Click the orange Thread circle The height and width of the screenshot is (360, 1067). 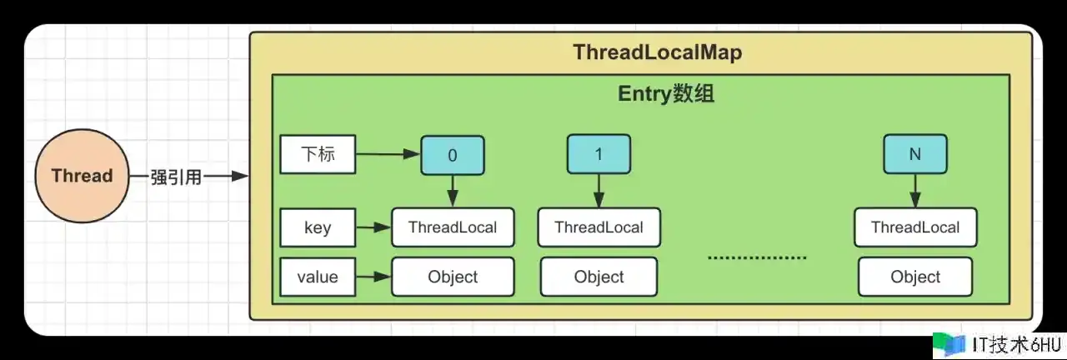point(82,176)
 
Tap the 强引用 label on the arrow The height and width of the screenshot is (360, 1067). point(177,177)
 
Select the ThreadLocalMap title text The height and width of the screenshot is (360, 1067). point(657,52)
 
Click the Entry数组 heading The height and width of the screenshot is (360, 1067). point(665,94)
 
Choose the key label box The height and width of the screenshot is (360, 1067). point(318,228)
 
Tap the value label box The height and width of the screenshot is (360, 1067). point(318,277)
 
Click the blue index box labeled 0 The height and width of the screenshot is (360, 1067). point(452,155)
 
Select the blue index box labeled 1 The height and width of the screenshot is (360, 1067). point(599,155)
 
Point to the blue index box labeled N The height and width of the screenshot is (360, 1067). point(914,155)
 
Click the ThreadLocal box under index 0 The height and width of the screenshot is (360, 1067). point(453,227)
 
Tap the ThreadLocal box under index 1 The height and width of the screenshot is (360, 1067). point(599,227)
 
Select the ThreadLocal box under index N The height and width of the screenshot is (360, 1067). point(915,227)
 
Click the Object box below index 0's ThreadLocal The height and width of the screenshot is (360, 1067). point(453,277)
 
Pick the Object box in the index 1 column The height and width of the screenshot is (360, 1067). point(599,277)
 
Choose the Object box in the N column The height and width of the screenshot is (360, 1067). point(915,277)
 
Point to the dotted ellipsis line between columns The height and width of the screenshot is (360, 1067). point(757,257)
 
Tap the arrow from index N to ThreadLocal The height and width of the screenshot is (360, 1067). point(914,192)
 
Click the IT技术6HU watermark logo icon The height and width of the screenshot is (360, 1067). point(948,344)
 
